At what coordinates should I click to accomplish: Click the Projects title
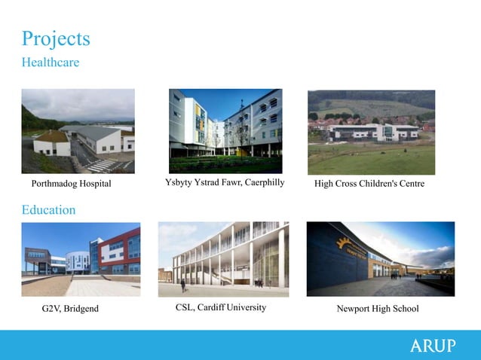click(56, 38)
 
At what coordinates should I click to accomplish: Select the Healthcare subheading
click(50, 63)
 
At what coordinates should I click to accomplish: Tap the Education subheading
click(48, 210)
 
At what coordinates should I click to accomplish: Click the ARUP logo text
click(432, 346)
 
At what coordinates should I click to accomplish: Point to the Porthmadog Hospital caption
click(71, 184)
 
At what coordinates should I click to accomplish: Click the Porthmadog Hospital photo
click(78, 132)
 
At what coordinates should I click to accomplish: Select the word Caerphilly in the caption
click(258, 182)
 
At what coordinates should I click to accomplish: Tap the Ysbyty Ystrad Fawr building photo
click(225, 132)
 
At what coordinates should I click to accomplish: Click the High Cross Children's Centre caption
click(369, 184)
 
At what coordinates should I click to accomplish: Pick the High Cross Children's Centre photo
click(371, 133)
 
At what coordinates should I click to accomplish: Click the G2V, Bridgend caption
click(70, 309)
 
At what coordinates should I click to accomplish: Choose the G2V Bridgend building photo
click(81, 259)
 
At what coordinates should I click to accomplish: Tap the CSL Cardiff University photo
click(223, 259)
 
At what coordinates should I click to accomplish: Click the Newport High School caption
click(377, 309)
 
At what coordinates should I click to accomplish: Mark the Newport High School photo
click(380, 258)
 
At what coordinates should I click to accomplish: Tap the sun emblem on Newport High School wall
click(345, 243)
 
